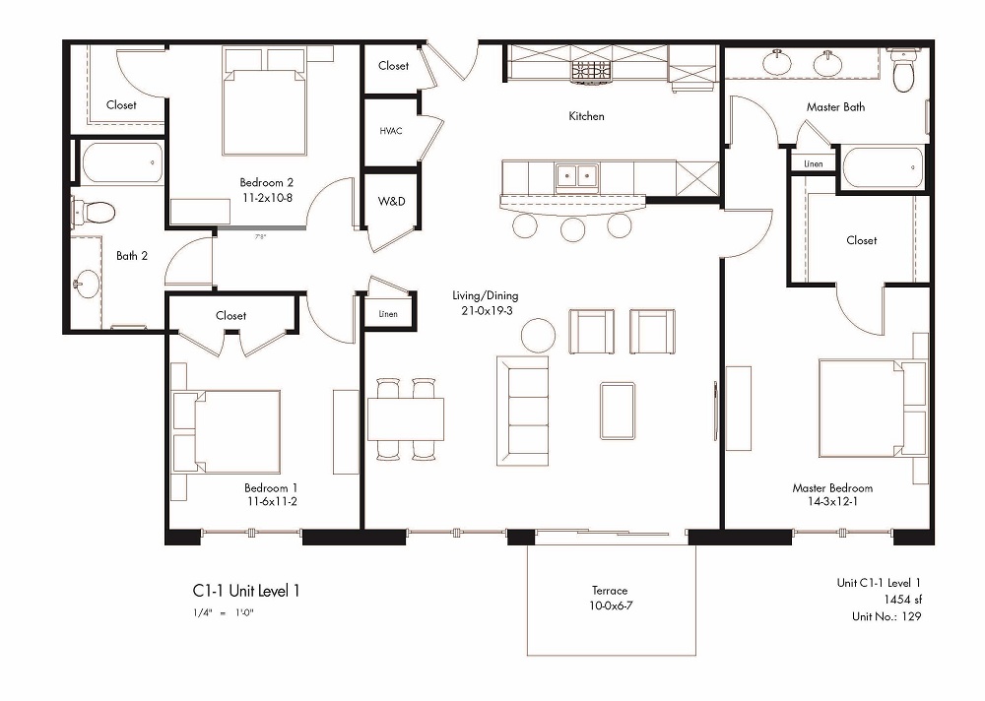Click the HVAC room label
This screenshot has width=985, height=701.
point(388,130)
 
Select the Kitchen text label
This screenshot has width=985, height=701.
point(586,116)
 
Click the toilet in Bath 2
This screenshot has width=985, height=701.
point(95,210)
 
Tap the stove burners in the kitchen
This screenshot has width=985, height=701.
point(591,70)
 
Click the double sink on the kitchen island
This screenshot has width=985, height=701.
point(576,176)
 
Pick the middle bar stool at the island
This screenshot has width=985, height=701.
point(572,227)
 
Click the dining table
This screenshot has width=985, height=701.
point(406,418)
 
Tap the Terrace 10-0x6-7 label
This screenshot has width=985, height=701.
point(610,598)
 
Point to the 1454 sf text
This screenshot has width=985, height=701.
point(899,600)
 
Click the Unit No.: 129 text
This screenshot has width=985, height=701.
point(886,616)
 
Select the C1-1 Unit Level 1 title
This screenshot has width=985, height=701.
point(245,591)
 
